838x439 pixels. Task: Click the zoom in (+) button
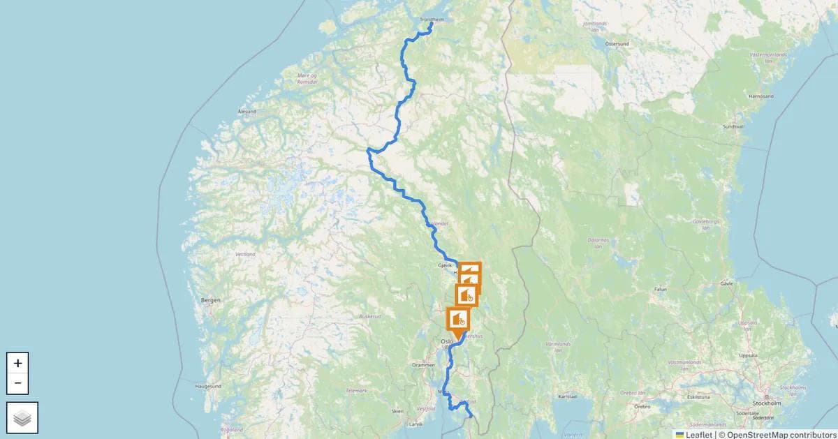(x=17, y=363)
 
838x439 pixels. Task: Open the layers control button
(x=22, y=417)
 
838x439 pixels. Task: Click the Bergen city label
(x=210, y=300)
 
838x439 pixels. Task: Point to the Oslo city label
(x=447, y=341)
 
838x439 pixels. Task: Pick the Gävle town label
(x=727, y=285)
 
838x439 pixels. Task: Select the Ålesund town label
(x=247, y=111)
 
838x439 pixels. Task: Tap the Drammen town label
(x=424, y=365)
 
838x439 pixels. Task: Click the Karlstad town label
(x=568, y=396)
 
